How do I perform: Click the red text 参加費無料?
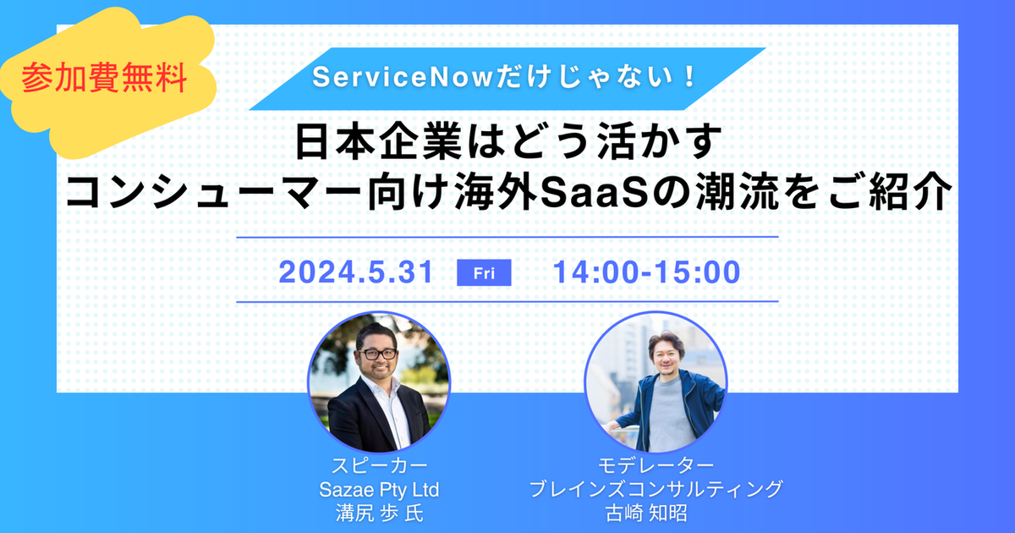click(104, 78)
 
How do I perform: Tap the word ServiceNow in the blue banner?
click(403, 77)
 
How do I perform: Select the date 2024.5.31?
click(356, 272)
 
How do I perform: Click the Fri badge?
click(484, 272)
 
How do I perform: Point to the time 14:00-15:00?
click(646, 272)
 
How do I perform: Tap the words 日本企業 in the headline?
click(378, 142)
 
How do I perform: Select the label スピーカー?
click(379, 465)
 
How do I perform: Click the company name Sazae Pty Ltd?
click(379, 490)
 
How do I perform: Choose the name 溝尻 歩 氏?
click(379, 513)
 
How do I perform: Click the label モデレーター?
click(656, 465)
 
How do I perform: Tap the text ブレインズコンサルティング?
click(656, 489)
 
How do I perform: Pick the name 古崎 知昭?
click(646, 513)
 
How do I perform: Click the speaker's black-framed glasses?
click(377, 354)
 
